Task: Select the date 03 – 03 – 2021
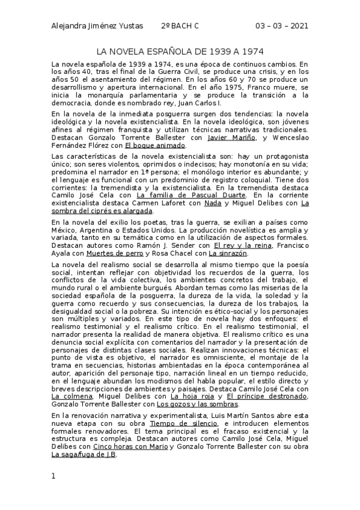pos(282,26)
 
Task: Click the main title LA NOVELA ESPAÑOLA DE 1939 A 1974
pos(180,52)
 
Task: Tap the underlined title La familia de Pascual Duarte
pos(191,195)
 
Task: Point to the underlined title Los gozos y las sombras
pos(191,387)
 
